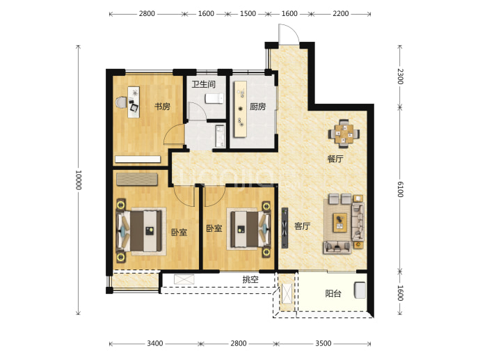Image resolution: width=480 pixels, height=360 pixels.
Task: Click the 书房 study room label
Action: [162, 107]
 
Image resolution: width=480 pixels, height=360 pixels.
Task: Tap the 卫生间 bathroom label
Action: [204, 84]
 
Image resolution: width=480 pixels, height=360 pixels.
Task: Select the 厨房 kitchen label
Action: [257, 107]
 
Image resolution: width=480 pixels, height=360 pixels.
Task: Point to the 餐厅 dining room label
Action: [335, 159]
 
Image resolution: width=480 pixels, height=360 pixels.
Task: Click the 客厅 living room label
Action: [302, 226]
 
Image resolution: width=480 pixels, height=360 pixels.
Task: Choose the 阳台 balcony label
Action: [333, 294]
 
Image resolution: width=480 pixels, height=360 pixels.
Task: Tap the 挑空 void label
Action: [250, 279]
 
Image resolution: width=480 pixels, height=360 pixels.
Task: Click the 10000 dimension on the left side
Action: [79, 180]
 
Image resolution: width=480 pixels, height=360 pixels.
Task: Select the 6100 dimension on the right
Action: [400, 189]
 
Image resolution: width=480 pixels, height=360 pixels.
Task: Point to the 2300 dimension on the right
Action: [400, 77]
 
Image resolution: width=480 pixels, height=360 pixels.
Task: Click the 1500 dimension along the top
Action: [248, 13]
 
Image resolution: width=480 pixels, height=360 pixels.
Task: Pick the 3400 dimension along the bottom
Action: [155, 343]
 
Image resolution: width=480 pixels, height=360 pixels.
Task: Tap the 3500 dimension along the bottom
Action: [323, 343]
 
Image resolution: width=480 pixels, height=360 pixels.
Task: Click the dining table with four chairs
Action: [344, 134]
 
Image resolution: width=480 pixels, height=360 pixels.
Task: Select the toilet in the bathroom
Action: [214, 99]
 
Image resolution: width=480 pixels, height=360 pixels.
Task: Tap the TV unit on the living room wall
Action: [285, 228]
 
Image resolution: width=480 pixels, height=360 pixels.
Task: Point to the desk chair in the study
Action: [121, 102]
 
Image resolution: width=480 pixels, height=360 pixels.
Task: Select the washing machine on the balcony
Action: [360, 290]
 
